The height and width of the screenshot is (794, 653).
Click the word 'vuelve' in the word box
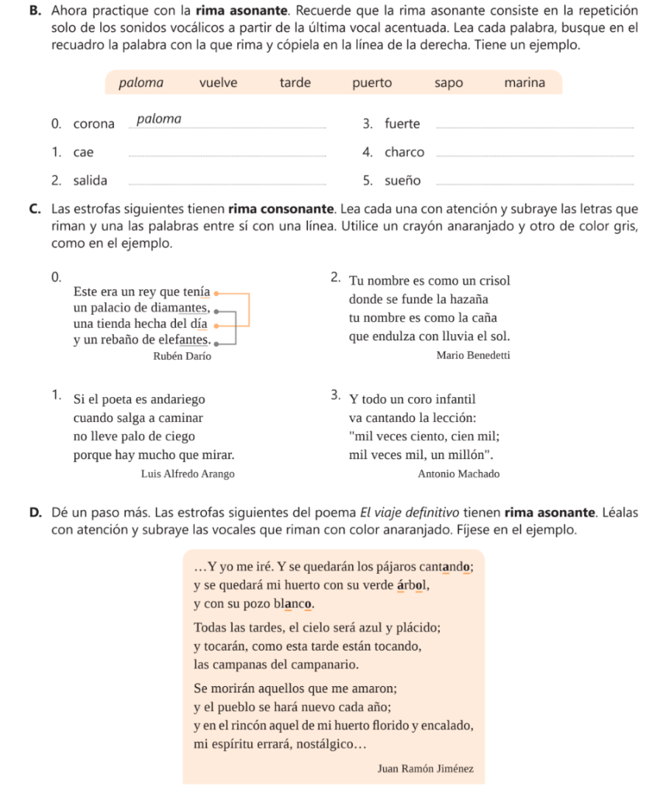click(x=219, y=82)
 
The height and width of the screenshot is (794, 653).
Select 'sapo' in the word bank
click(x=448, y=82)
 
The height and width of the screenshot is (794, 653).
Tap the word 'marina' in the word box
click(x=524, y=82)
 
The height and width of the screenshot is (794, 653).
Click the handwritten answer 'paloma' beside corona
click(x=159, y=119)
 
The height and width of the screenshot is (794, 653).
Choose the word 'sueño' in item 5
click(x=403, y=181)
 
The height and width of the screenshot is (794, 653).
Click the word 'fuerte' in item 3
click(x=403, y=124)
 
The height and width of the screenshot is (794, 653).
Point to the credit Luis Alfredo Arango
click(x=188, y=474)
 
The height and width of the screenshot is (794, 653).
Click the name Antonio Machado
click(x=458, y=474)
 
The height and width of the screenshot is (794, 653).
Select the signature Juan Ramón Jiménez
click(x=426, y=769)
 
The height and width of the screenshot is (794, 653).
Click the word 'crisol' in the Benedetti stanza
click(x=492, y=280)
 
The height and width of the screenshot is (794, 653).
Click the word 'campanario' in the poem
click(x=323, y=665)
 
